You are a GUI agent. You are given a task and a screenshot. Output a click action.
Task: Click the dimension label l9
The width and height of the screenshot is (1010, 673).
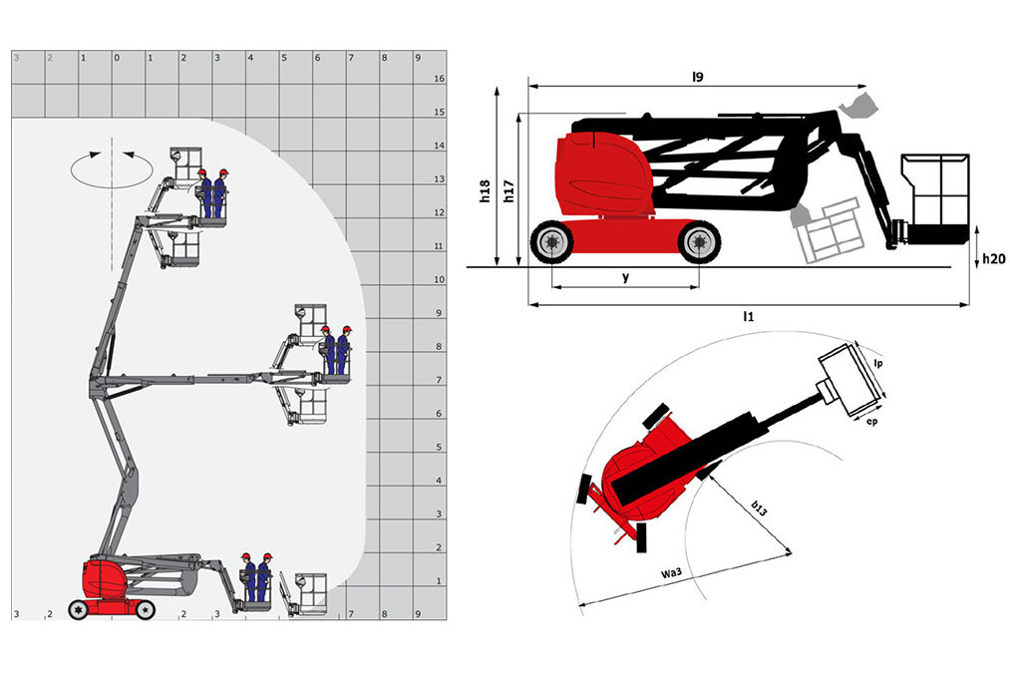[x=698, y=77]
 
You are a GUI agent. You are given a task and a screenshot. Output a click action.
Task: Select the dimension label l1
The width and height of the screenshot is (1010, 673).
[x=748, y=316]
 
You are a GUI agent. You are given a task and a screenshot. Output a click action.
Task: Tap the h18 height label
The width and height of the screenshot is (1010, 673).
[x=485, y=191]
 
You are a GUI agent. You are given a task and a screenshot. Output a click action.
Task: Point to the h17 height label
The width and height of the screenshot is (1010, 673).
[x=508, y=191]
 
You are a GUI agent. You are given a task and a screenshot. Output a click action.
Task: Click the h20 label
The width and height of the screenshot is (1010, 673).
[x=993, y=259]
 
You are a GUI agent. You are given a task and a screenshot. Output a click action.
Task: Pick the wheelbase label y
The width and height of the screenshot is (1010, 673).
[x=625, y=277]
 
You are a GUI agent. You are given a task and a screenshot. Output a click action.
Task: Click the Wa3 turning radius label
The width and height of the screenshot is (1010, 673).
[x=671, y=572]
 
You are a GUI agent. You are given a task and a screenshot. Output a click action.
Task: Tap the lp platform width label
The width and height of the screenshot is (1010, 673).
[x=878, y=364]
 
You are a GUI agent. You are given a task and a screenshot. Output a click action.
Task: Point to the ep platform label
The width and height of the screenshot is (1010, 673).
[x=872, y=422]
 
